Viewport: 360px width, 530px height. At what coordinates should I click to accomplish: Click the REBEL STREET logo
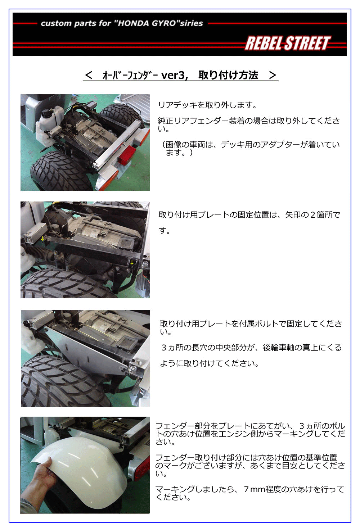point(288,43)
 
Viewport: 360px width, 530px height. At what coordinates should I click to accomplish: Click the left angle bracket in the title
point(88,75)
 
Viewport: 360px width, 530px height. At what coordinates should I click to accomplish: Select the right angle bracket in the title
point(273,75)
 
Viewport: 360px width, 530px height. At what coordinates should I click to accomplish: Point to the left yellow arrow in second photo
point(42,239)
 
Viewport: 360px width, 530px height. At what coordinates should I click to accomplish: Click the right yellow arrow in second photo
point(132,262)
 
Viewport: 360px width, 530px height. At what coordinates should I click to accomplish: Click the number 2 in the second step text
point(312,215)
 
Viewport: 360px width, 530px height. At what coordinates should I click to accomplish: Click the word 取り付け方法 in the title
point(228,75)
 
